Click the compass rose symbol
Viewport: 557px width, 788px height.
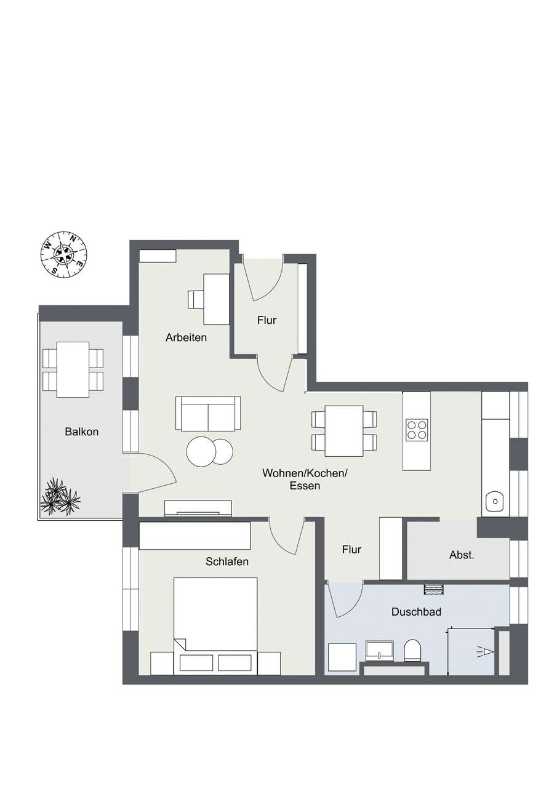click(x=64, y=254)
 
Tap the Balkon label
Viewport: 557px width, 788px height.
click(x=81, y=432)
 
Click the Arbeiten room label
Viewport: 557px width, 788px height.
click(x=186, y=337)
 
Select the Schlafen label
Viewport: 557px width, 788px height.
click(x=227, y=561)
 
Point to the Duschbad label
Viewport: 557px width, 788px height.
click(x=416, y=612)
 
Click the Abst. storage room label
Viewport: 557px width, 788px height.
click(x=462, y=555)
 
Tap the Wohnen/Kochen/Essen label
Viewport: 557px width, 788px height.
click(x=305, y=479)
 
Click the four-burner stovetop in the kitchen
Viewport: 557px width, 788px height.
click(x=417, y=429)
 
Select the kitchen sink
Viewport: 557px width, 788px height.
click(x=495, y=502)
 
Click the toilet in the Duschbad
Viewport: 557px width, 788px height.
click(x=412, y=650)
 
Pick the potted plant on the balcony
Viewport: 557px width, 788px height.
click(x=60, y=497)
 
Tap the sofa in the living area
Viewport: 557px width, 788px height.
click(x=208, y=414)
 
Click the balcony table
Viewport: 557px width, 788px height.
click(x=73, y=369)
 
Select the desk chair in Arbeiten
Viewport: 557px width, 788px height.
click(x=195, y=299)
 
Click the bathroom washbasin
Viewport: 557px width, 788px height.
click(x=379, y=650)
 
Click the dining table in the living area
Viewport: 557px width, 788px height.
click(x=344, y=431)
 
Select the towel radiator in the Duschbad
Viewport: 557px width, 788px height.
click(x=433, y=589)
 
